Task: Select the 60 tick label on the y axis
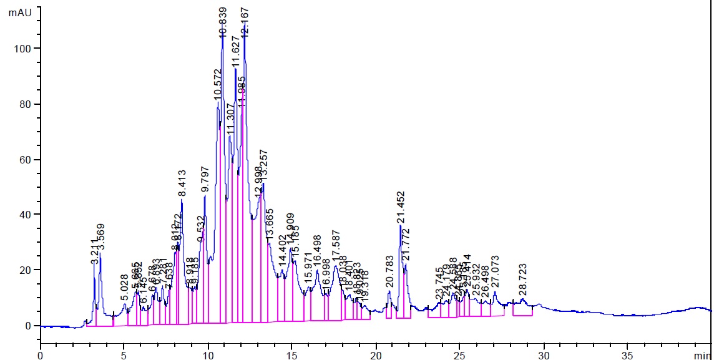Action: click(26, 160)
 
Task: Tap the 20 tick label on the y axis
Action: click(26, 270)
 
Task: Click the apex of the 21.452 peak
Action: click(400, 226)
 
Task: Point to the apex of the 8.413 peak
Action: click(182, 200)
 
